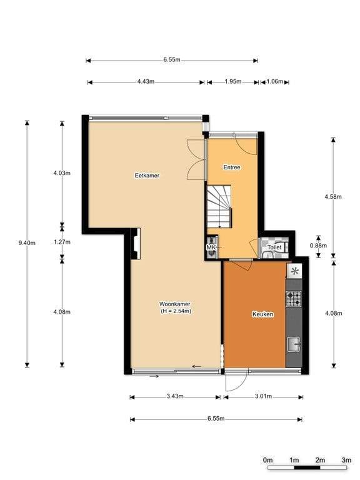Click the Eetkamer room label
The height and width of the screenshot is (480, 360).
point(147,176)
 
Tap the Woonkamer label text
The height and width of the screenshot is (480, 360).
point(175,304)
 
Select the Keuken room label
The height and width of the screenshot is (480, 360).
point(262,314)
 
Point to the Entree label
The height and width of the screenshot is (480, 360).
point(232,167)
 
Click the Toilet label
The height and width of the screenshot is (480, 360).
point(274,247)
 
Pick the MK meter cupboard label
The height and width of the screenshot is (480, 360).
point(211,247)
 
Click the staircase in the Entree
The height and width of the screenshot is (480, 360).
point(219,206)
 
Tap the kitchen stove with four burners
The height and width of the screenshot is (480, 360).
point(294,299)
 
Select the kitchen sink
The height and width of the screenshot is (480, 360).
point(294,344)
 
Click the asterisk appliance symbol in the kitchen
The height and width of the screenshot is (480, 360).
point(294,271)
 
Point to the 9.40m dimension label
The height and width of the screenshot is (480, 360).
point(27,243)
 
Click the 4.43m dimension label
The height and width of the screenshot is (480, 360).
point(146,81)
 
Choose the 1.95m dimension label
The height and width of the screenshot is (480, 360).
point(233,81)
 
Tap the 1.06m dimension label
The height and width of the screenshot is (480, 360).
point(275,81)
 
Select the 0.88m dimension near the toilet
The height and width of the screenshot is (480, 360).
point(318,246)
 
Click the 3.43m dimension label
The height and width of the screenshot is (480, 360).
point(175,396)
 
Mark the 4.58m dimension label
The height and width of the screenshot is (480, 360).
point(333,196)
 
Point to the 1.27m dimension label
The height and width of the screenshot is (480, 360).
point(62,242)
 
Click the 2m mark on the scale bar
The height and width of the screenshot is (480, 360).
point(320,460)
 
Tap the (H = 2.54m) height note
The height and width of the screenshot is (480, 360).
point(176,311)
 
